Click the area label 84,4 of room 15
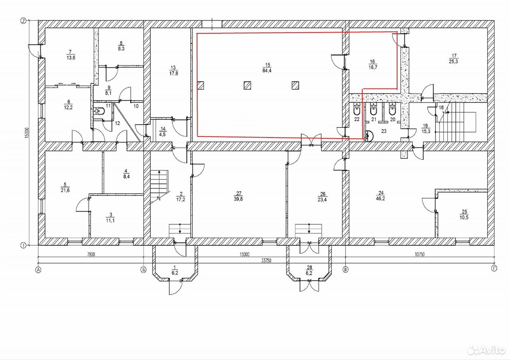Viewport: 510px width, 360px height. [267, 70]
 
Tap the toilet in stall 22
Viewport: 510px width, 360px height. [356, 109]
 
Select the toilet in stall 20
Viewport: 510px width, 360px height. [392, 109]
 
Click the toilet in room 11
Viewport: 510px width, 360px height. [100, 111]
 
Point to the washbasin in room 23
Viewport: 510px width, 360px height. [369, 136]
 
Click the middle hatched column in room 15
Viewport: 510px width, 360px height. [247, 86]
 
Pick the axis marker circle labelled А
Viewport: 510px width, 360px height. [38, 270]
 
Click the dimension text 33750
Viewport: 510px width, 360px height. [266, 260]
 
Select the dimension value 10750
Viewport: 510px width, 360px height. [420, 254]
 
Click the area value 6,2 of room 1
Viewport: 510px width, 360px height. [175, 273]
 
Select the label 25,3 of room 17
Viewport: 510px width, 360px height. [453, 61]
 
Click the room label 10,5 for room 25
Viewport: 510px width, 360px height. [464, 217]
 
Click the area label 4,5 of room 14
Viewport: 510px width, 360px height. [162, 134]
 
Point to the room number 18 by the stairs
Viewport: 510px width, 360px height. [441, 108]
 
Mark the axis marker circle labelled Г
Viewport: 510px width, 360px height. [494, 269]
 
